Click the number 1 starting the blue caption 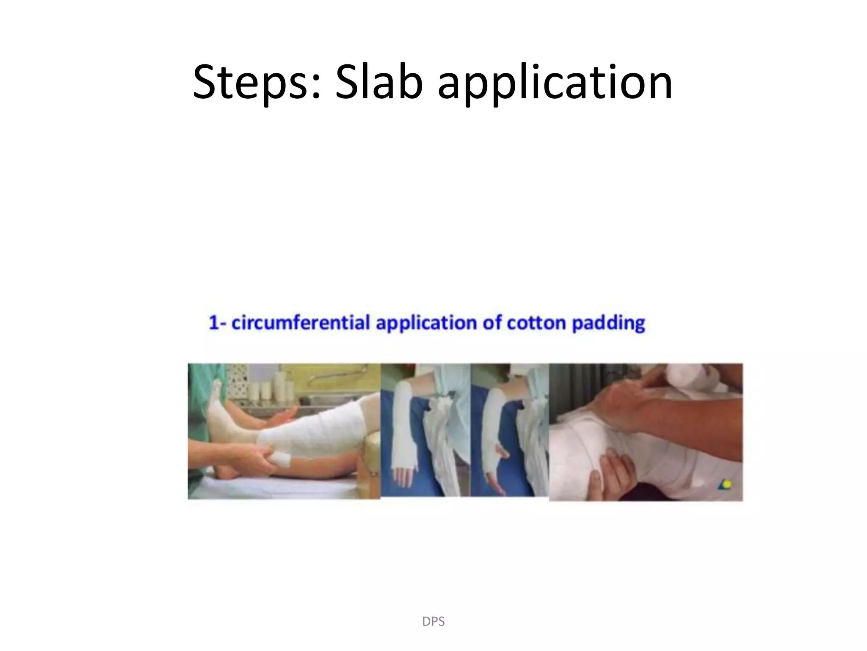click(x=213, y=323)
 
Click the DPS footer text click(x=433, y=621)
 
